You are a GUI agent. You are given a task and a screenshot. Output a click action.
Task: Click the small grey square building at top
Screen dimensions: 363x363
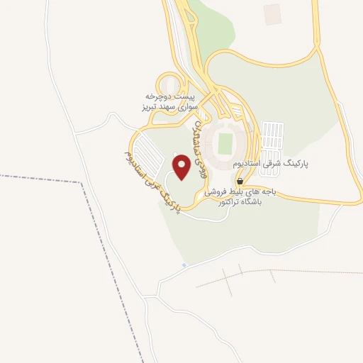tap(272, 13)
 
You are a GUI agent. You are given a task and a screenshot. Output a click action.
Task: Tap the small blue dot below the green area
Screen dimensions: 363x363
tap(184, 264)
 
